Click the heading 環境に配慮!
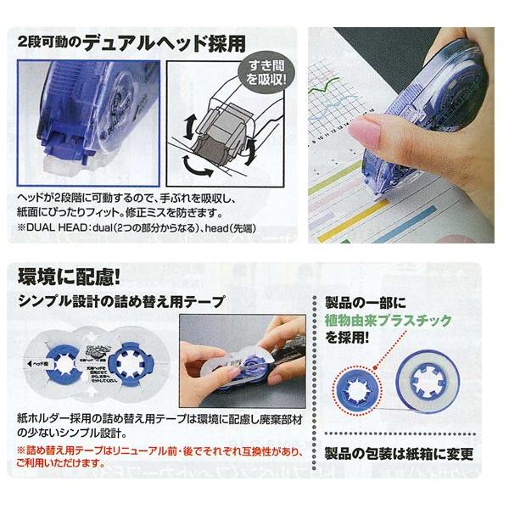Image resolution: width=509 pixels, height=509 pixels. [x=64, y=276]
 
